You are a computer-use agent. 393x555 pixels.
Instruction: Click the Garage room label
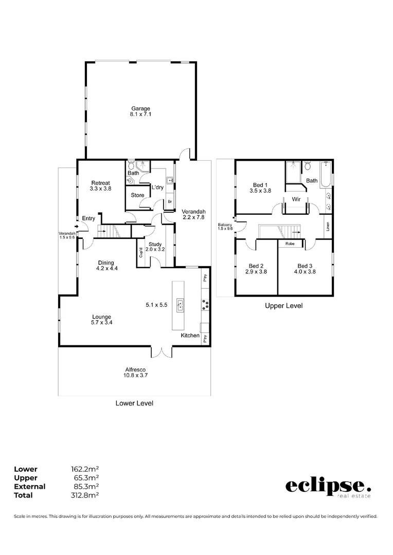pyautogui.click(x=140, y=108)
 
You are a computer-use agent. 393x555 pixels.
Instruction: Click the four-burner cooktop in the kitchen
pyautogui.click(x=206, y=304)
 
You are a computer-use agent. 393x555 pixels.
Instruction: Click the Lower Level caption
pyautogui.click(x=134, y=403)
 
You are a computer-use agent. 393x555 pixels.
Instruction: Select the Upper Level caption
pyautogui.click(x=283, y=306)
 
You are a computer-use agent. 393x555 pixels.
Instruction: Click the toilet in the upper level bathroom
pyautogui.click(x=308, y=165)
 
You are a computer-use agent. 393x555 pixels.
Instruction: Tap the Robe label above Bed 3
pyautogui.click(x=290, y=244)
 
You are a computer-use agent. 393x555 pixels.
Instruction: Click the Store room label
pyautogui.click(x=137, y=195)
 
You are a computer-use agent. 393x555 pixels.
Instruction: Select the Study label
pyautogui.click(x=155, y=244)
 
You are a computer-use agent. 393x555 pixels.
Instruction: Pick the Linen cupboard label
pyautogui.click(x=328, y=226)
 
